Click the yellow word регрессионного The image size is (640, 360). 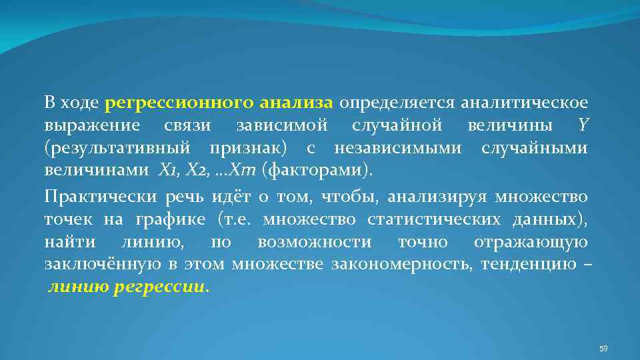(179, 103)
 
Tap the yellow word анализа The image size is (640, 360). (295, 103)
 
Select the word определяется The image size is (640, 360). (387, 103)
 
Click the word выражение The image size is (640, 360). (92, 125)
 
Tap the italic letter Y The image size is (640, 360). (584, 125)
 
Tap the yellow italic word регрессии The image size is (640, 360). (170, 289)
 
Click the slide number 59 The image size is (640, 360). (603, 348)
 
